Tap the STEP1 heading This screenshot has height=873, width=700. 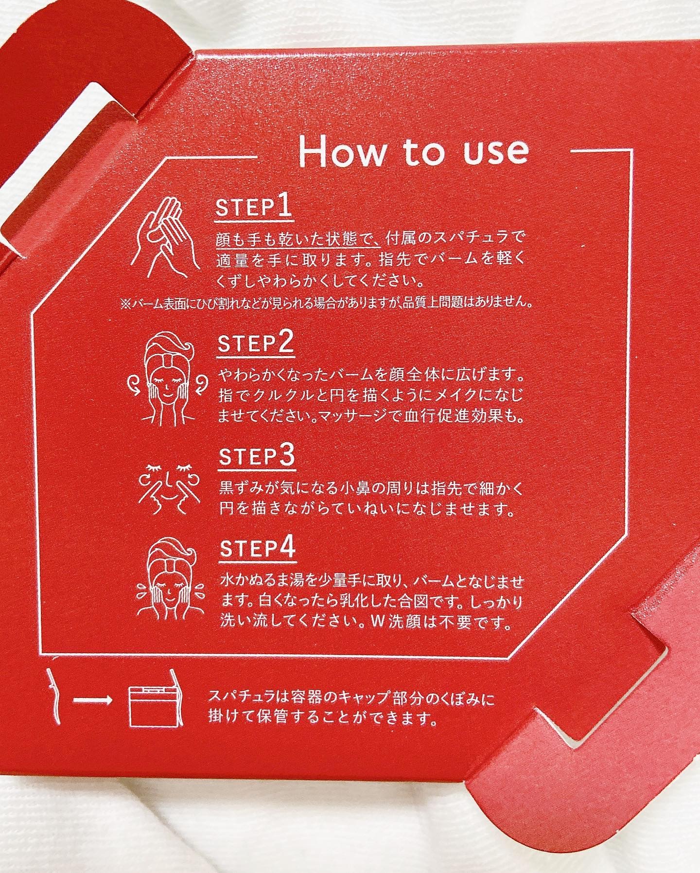253,209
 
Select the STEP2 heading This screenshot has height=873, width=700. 255,345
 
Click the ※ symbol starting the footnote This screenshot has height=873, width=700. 124,304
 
